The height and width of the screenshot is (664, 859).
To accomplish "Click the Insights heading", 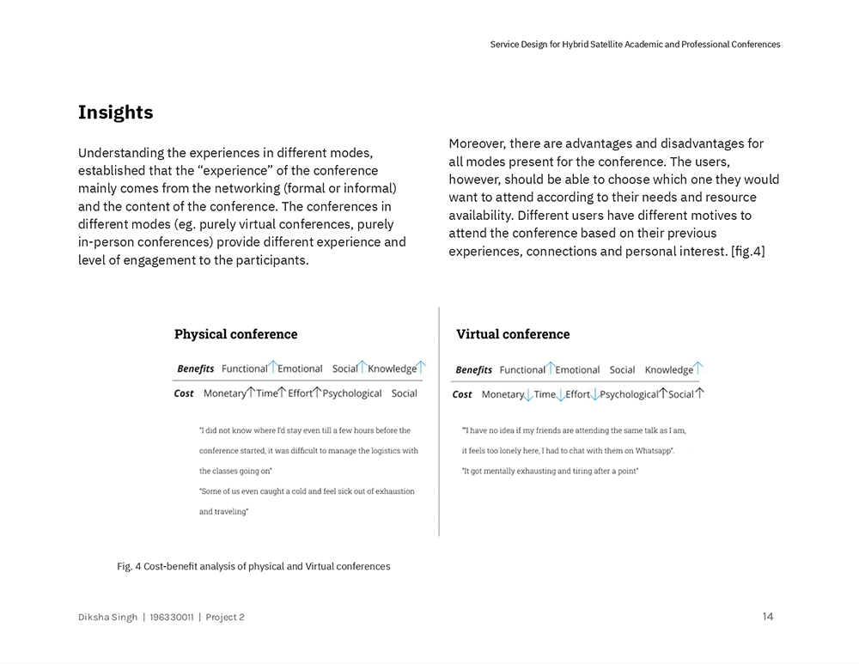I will pyautogui.click(x=115, y=113).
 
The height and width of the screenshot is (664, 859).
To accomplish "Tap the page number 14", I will pyautogui.click(x=767, y=617).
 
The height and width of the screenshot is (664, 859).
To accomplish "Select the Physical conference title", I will pyautogui.click(x=235, y=334).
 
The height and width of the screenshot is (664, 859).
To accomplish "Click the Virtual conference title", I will pyautogui.click(x=513, y=334).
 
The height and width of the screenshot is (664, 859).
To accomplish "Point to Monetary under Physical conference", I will pyautogui.click(x=224, y=393).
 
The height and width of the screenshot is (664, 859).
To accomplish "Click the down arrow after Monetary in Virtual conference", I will pyautogui.click(x=529, y=394).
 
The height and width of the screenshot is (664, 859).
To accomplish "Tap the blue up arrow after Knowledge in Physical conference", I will pyautogui.click(x=421, y=368).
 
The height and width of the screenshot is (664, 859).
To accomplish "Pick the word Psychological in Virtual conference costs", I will pyautogui.click(x=629, y=394).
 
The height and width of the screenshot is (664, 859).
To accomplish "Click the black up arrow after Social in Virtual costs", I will pyautogui.click(x=699, y=393).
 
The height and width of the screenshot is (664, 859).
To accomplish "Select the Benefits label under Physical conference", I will pyautogui.click(x=196, y=369).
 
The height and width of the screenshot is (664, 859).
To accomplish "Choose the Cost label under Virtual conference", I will pyautogui.click(x=462, y=394).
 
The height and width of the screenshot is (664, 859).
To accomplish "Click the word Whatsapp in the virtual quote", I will pyautogui.click(x=654, y=450).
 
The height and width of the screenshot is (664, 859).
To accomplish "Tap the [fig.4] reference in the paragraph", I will pyautogui.click(x=747, y=251).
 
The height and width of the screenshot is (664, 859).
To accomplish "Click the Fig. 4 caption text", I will pyautogui.click(x=253, y=566).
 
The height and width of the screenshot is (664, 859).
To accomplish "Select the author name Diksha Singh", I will pyautogui.click(x=107, y=617).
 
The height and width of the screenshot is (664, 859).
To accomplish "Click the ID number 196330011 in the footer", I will pyautogui.click(x=172, y=617).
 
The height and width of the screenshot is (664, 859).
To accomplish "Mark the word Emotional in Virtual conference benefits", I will pyautogui.click(x=577, y=369).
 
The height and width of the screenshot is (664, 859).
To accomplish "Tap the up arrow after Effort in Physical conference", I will pyautogui.click(x=317, y=393).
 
